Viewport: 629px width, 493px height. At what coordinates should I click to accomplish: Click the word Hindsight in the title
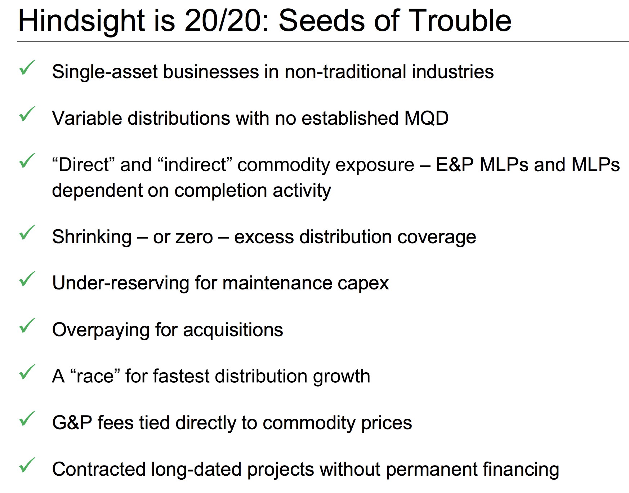pos(81,21)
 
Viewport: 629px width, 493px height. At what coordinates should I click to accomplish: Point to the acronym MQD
pos(427,118)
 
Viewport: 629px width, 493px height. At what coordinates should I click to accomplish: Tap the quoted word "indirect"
pos(195,165)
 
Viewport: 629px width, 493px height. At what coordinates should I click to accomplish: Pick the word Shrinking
pos(92,237)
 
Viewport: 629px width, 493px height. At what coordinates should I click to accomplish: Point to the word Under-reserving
pos(120,283)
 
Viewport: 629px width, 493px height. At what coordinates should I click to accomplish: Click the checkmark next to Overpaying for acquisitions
pos(27,325)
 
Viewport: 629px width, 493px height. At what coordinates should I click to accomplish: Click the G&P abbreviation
pos(72,423)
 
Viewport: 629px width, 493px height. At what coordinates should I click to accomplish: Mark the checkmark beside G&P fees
pos(27,418)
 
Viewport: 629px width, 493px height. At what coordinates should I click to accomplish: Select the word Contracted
pos(98,469)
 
